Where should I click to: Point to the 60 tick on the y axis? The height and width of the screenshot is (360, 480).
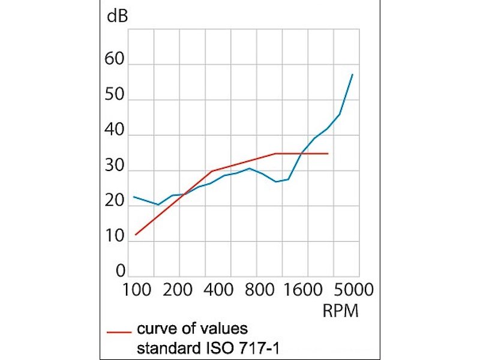point(114,59)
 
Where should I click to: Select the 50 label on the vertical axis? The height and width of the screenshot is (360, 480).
point(114,95)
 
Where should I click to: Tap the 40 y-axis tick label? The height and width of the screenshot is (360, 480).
point(114,130)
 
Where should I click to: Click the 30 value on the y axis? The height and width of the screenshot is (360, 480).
point(114,166)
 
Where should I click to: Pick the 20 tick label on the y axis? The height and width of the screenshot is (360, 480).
point(114,201)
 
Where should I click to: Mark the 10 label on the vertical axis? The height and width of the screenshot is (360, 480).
point(114,236)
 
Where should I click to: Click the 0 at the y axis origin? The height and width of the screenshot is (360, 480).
point(120,271)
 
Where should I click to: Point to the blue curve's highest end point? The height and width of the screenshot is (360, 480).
point(352,74)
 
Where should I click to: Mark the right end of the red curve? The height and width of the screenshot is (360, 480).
point(328,154)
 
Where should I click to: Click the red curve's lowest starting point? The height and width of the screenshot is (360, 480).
point(135,235)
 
